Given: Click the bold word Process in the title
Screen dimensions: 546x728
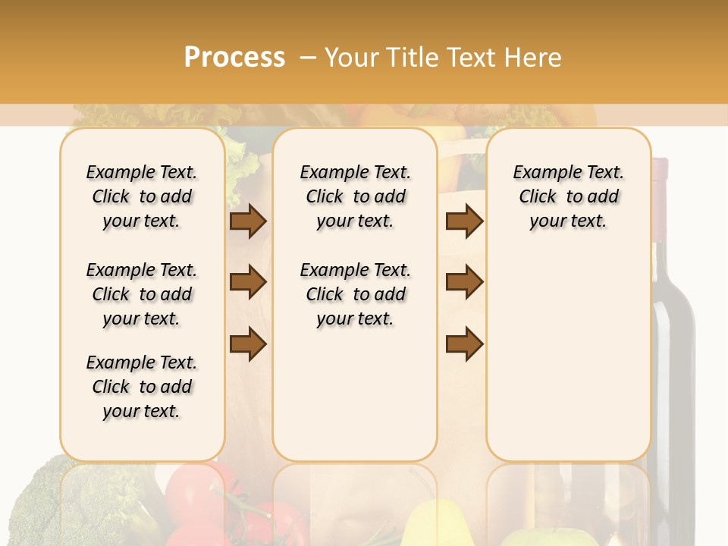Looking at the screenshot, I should (234, 57).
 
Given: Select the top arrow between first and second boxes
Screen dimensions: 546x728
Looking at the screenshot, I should (248, 221).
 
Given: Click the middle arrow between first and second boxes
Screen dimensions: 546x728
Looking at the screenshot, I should (248, 282).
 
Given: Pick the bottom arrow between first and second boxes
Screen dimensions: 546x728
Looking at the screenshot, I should (248, 344).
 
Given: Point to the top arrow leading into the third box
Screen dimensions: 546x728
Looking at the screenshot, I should (464, 221).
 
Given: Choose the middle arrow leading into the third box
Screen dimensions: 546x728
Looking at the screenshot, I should (464, 282).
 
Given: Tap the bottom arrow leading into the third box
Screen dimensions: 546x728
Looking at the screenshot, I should (464, 344).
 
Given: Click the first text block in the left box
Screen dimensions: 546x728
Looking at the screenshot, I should (142, 196).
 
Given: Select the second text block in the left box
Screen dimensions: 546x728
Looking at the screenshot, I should (142, 294).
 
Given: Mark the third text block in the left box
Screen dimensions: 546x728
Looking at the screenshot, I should (142, 387).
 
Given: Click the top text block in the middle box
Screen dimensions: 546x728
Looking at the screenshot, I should (355, 196).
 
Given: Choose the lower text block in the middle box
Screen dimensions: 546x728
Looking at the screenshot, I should (355, 294).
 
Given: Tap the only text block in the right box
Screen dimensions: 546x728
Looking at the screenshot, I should (568, 196).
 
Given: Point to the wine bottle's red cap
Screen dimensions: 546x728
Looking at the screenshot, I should (660, 168).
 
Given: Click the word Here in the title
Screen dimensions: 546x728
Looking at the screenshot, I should (534, 57).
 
